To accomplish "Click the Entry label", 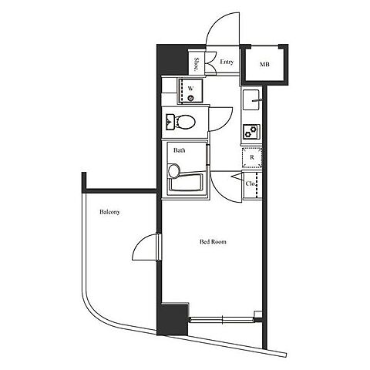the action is click(x=227, y=62).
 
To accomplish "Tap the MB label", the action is click(x=264, y=64).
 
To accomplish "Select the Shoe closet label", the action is click(x=197, y=64).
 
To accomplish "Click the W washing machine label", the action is click(x=190, y=89).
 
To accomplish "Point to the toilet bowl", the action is click(x=185, y=122).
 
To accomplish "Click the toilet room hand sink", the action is click(x=170, y=122).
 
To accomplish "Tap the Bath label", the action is click(x=179, y=150).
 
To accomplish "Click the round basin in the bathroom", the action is click(x=174, y=170).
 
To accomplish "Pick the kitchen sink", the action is click(x=251, y=99).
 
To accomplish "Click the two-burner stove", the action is click(x=251, y=132).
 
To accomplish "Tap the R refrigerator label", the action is click(x=252, y=157).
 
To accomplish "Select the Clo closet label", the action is click(x=251, y=183).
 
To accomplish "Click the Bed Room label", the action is click(x=213, y=242).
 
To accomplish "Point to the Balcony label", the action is click(x=109, y=212).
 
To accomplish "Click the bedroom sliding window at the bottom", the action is click(x=221, y=319).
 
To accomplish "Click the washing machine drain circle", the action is click(x=190, y=98).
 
